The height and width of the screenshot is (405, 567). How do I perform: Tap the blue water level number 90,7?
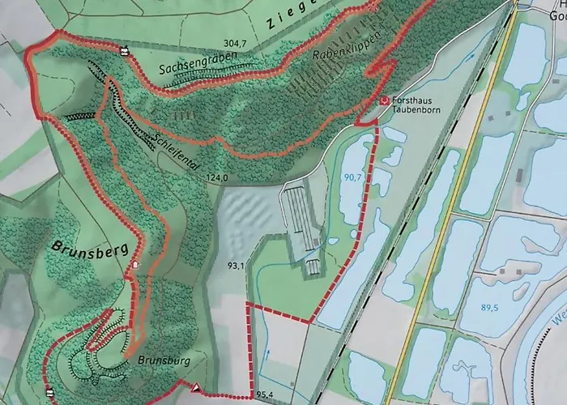pos(352,177)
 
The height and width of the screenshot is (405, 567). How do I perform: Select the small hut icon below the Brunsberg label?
pos(135,265)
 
